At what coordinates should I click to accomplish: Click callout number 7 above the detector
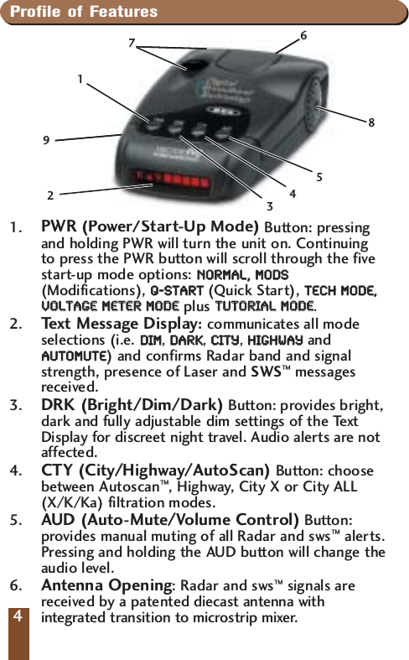(131, 42)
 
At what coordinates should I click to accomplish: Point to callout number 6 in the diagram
(303, 36)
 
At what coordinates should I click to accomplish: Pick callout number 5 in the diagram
(319, 176)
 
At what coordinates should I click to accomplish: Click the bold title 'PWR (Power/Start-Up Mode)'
(150, 227)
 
